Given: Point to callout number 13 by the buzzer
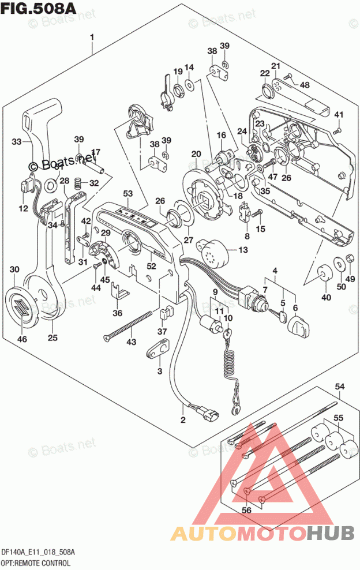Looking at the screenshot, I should (242, 249).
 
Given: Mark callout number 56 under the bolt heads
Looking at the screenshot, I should (247, 510).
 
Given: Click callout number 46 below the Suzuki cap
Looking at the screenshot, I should (22, 339).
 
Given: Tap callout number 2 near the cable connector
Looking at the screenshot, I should (183, 419).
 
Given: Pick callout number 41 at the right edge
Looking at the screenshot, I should (339, 114).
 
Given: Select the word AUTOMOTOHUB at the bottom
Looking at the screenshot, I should (263, 533).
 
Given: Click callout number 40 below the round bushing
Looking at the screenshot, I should (327, 297).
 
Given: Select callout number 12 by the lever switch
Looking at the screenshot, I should (23, 208).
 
